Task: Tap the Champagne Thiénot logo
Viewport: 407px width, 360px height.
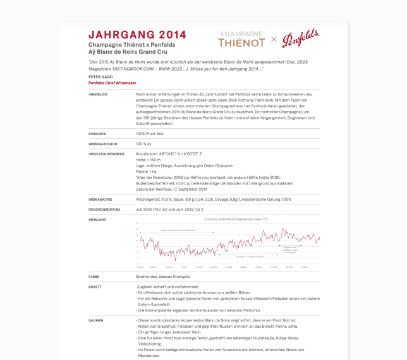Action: point(242,39)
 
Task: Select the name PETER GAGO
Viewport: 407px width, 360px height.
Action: point(100,77)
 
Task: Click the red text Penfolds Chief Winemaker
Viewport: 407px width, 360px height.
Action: point(112,83)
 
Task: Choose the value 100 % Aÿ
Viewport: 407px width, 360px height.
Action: point(146,144)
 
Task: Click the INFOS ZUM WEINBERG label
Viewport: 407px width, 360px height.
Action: point(106,153)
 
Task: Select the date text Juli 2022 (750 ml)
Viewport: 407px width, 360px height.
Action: point(154,208)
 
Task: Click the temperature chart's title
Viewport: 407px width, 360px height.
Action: point(228,219)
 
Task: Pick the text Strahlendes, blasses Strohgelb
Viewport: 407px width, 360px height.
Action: point(163,277)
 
